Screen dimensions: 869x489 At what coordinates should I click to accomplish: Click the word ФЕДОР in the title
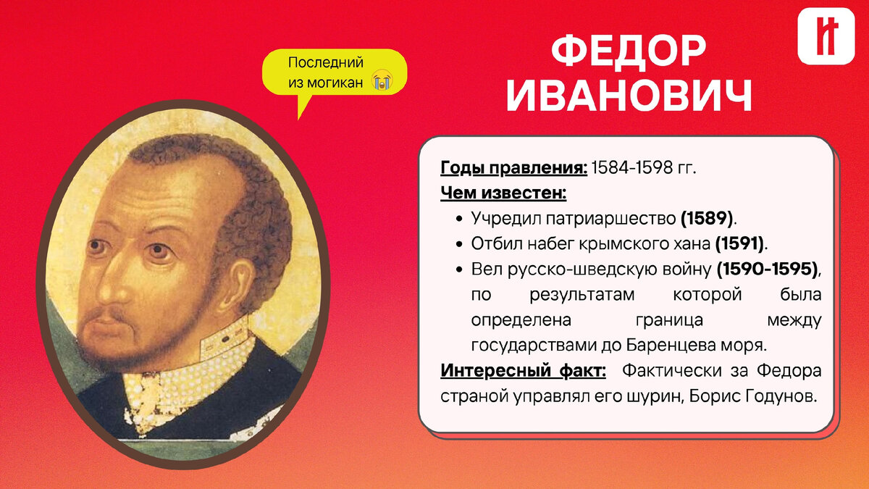click(x=628, y=51)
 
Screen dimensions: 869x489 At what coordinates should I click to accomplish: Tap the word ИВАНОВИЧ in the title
click(x=629, y=96)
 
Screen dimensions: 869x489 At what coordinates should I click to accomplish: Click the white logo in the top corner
click(x=826, y=36)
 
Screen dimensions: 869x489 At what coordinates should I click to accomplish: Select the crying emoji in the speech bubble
click(x=382, y=80)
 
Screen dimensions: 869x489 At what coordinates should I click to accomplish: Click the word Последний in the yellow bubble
click(x=325, y=62)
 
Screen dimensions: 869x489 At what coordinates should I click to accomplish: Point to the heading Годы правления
click(x=513, y=168)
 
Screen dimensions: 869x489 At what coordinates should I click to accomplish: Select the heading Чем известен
click(x=503, y=193)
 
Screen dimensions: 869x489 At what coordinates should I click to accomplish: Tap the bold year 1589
click(x=707, y=219)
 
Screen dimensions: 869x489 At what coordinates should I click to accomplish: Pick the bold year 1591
click(x=739, y=243)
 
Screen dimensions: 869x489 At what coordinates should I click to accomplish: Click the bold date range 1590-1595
click(x=767, y=269)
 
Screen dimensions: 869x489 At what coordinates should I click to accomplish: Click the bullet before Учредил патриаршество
click(x=459, y=219)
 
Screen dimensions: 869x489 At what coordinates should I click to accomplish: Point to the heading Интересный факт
click(x=523, y=370)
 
